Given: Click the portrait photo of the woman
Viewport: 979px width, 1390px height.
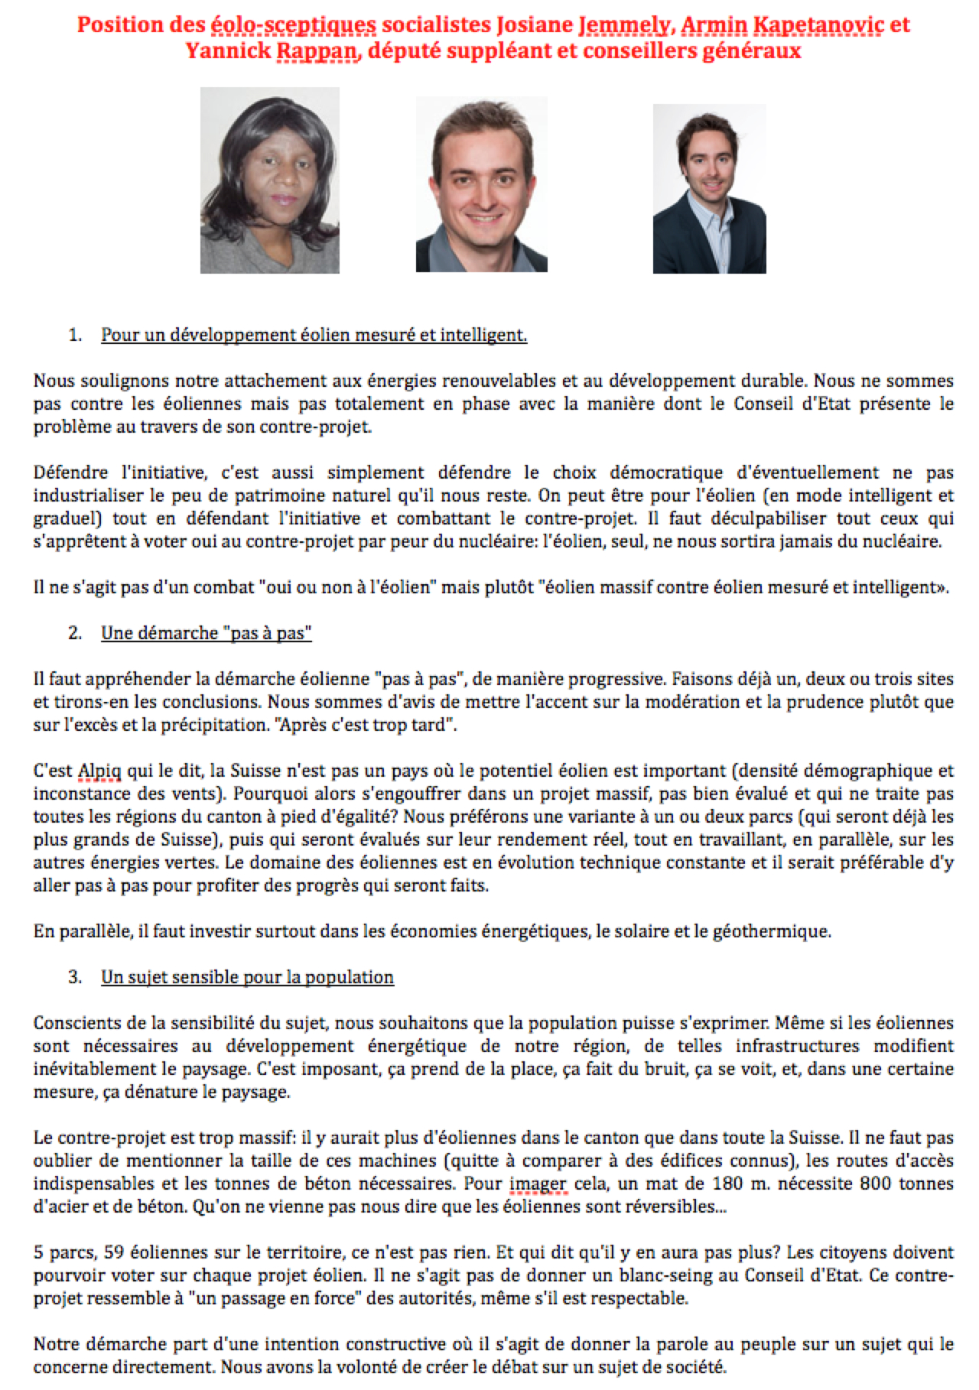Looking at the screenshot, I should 269,180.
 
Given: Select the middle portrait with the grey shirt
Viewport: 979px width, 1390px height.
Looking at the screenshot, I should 481,184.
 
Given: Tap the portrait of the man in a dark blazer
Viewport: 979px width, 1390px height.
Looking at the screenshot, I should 709,188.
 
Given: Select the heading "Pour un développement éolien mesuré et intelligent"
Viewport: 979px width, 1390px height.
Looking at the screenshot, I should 314,335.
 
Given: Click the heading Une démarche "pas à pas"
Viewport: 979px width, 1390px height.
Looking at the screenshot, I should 207,633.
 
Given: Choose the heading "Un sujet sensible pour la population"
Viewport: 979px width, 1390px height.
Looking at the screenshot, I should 247,977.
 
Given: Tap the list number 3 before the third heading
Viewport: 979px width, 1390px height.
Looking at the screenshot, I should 74,977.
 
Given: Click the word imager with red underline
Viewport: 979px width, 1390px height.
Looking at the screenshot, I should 538,1184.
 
